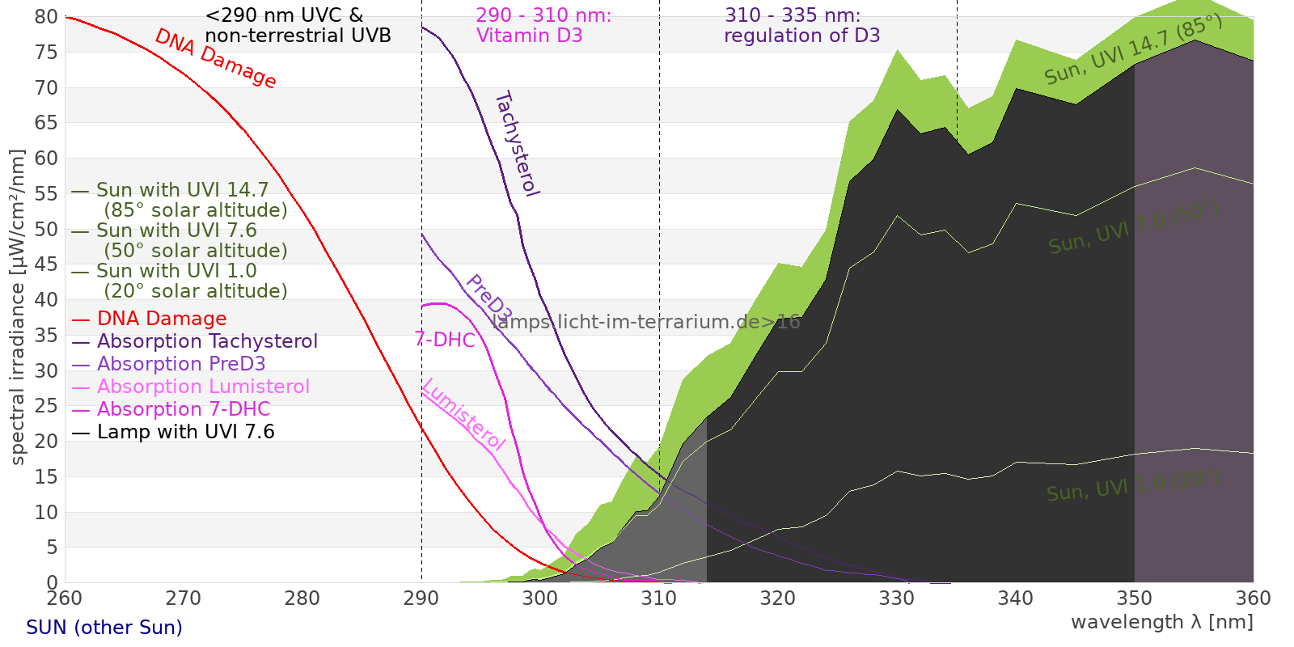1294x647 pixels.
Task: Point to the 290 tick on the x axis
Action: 421,598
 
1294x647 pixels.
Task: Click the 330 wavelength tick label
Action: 897,598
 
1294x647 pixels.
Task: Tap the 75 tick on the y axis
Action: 47,53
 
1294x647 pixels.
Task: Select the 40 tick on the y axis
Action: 47,300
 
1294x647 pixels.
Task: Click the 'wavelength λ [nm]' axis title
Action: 1161,623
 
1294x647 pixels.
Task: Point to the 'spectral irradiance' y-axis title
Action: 18,307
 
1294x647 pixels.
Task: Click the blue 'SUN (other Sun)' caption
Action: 104,628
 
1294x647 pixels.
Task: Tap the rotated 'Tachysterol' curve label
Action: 517,144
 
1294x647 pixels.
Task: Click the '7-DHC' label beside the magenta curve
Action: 445,340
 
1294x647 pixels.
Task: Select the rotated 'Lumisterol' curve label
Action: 463,414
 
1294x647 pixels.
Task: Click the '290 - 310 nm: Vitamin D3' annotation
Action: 543,26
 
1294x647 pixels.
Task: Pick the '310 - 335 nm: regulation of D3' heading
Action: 801,26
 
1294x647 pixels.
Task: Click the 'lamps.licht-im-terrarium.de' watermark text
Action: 645,322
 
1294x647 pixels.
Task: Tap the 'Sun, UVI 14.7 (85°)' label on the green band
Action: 1132,50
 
